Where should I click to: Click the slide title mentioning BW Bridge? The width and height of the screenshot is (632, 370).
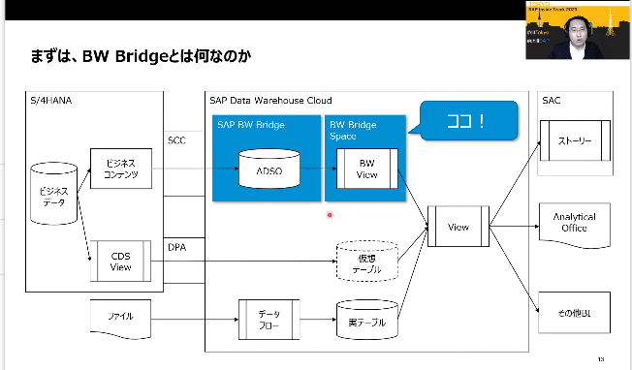(x=141, y=57)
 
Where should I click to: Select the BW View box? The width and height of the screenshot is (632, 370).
(x=366, y=169)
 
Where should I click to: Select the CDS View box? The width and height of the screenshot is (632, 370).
(x=121, y=261)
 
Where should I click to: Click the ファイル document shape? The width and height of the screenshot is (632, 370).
(x=122, y=317)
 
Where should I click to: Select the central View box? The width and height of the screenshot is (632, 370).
(x=458, y=227)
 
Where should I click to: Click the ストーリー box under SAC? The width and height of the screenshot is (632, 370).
(x=574, y=140)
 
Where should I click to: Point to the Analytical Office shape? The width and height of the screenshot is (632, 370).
(x=574, y=223)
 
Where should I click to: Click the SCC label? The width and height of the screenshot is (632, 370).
(x=176, y=139)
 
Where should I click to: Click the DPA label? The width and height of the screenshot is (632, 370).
(x=176, y=248)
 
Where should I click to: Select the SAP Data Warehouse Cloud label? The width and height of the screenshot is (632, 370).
(x=270, y=100)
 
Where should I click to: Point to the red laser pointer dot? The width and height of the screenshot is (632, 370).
(x=331, y=215)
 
